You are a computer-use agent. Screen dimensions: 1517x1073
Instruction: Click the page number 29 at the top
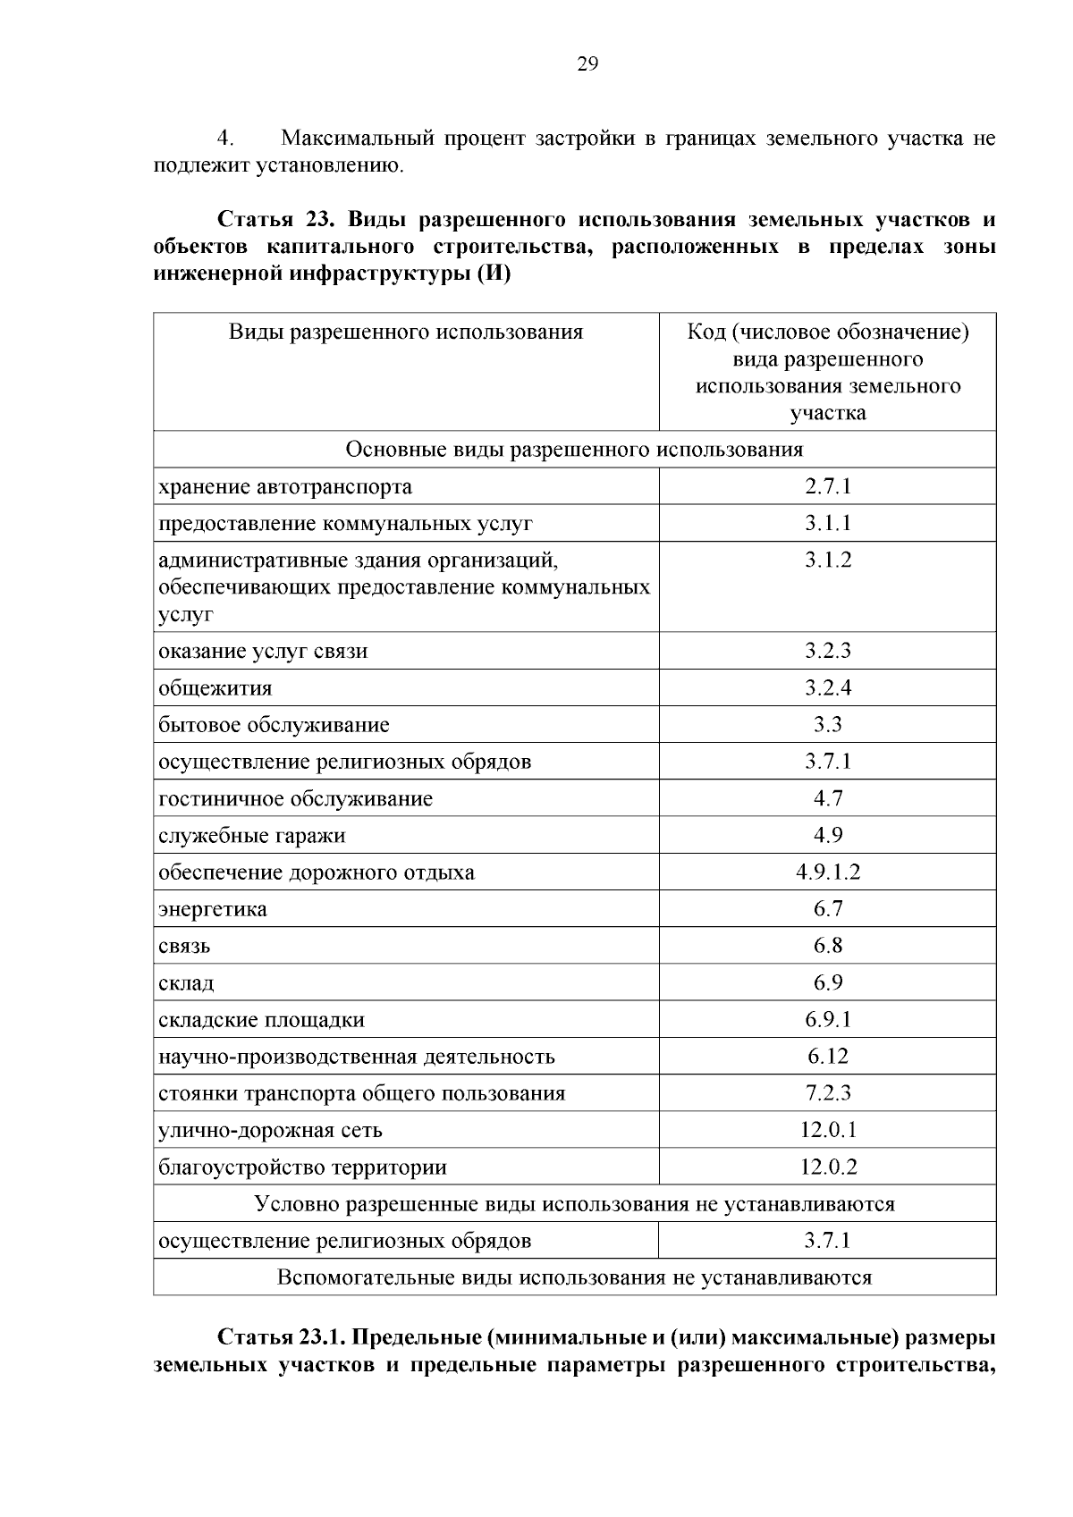pos(587,63)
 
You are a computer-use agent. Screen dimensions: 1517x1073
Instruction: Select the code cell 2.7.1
pos(827,486)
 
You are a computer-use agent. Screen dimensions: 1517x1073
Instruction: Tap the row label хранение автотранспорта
pos(285,487)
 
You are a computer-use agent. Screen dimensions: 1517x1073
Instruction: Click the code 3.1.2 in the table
pos(827,560)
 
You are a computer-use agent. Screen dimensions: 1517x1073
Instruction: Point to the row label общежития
pos(215,688)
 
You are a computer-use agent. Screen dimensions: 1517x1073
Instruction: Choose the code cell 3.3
pos(827,724)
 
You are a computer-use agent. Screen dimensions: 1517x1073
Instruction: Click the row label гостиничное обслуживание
pos(295,798)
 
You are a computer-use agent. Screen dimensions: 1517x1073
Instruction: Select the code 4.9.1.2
pos(827,872)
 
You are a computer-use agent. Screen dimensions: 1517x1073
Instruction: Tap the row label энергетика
pos(213,909)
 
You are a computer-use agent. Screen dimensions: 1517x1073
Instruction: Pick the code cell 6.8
pos(827,946)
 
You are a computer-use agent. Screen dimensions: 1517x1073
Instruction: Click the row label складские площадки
pos(261,1020)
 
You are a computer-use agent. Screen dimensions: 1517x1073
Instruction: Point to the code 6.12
pos(827,1056)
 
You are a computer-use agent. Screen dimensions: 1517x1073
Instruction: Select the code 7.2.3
pos(827,1092)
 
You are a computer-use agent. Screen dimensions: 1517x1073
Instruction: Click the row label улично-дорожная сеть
pos(270,1130)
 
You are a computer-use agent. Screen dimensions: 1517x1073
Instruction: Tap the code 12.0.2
pos(827,1167)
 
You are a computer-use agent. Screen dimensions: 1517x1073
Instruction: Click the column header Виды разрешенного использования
pos(406,333)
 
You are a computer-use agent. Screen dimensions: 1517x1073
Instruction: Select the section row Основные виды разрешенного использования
pos(574,449)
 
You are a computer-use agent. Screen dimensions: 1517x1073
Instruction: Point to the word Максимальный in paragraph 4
pos(357,139)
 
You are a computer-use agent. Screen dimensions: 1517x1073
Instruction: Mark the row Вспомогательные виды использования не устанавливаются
pos(574,1277)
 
